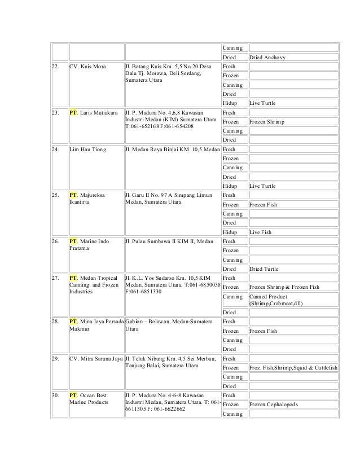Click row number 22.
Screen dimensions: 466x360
tap(55, 67)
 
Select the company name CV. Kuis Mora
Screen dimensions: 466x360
tap(87, 67)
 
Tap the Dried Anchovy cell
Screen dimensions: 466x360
tap(267, 58)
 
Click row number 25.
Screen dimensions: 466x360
tap(55, 195)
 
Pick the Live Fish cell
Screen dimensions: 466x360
tap(260, 232)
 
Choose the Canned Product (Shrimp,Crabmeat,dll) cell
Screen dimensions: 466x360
tap(276, 300)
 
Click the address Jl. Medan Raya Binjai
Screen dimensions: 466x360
tap(169, 150)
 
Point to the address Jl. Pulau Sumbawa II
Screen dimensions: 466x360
tap(169, 241)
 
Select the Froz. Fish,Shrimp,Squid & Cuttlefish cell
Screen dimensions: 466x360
tap(293, 367)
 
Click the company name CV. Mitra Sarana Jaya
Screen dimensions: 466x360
tap(95, 358)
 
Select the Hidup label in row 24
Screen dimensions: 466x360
tap(230, 186)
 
